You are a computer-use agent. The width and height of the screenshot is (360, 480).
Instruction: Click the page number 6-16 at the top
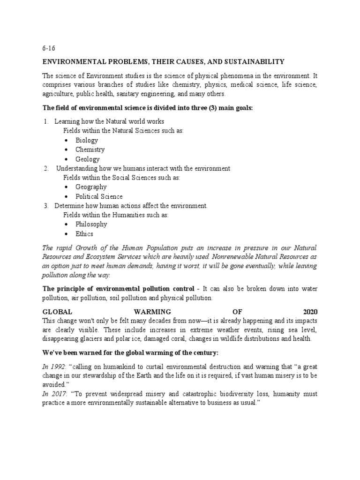tap(49, 48)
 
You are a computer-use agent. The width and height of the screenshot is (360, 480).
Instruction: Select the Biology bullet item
tap(87, 140)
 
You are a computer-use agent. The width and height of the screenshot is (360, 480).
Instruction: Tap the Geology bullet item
tap(87, 159)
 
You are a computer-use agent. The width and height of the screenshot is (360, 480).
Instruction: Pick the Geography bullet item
tap(91, 187)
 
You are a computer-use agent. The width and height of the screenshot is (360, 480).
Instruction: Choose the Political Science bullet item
tap(99, 196)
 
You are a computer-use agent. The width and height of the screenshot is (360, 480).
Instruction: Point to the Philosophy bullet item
tap(91, 224)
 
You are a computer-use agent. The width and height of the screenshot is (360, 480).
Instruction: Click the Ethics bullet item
tap(84, 233)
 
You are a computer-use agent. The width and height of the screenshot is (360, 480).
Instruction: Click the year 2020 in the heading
tap(310, 311)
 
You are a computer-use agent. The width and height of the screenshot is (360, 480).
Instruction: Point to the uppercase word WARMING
tap(152, 311)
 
